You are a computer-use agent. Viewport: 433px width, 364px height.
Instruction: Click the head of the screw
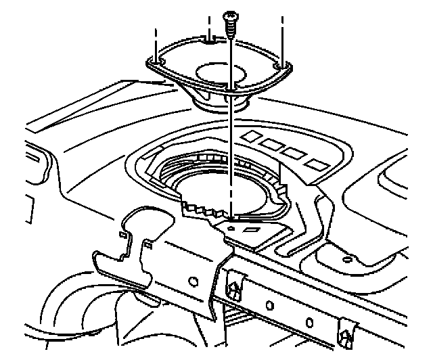[231, 14]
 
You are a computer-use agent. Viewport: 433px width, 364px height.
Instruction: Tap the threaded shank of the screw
[231, 29]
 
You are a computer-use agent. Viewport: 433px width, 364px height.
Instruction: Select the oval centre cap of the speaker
[219, 70]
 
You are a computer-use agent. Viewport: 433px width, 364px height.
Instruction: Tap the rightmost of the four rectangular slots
[314, 164]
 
